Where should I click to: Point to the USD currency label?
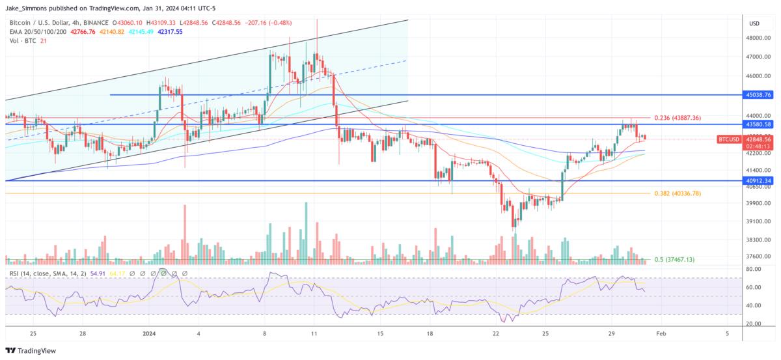tap(754, 23)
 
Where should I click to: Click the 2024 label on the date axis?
tap(148, 333)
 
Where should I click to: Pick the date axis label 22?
tap(496, 333)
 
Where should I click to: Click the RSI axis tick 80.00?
tap(753, 269)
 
